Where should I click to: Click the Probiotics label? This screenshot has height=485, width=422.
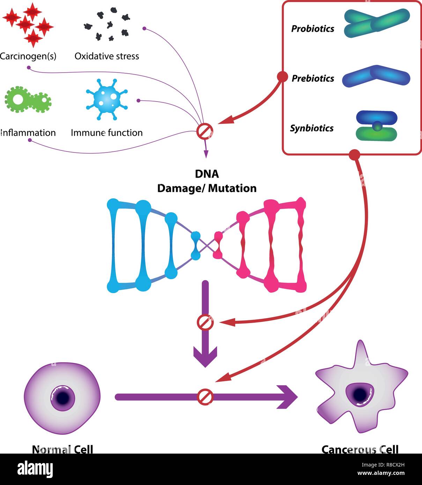312,29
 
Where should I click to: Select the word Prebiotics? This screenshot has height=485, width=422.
313,79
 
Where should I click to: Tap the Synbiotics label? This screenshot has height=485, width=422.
312,128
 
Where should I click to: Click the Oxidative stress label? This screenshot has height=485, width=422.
107,56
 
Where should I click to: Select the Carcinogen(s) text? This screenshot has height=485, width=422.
28,56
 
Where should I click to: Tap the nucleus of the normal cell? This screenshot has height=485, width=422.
62,398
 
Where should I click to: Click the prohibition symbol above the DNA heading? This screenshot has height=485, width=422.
205,132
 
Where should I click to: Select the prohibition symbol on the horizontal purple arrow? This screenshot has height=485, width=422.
205,397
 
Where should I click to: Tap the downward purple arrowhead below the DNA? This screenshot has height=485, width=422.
205,357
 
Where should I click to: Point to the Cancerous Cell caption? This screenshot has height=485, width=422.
360,449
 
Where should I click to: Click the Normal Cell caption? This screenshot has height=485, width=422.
62,449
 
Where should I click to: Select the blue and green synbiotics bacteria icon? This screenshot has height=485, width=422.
376,126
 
